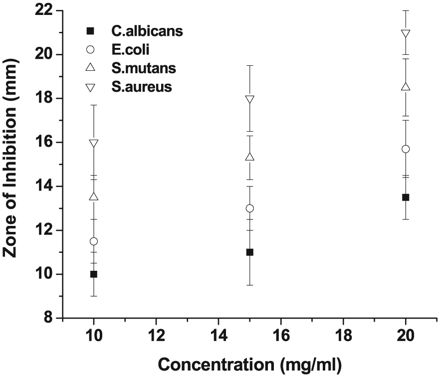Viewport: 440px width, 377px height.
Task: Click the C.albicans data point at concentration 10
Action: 94,274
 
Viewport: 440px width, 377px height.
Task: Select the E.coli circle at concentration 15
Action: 250,208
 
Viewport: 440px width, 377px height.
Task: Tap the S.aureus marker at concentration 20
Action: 406,33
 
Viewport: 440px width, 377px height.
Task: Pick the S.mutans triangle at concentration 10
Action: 94,196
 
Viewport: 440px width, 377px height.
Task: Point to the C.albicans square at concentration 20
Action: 406,197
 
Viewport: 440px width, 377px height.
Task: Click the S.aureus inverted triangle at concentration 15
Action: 250,99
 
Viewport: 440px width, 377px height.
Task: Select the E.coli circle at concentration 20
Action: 406,149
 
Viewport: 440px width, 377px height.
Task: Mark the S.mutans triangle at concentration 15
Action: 250,157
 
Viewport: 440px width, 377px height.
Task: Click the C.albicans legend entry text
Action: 147,31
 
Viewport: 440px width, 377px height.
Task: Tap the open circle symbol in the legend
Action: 90,50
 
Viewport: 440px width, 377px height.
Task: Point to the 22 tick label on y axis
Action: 46,10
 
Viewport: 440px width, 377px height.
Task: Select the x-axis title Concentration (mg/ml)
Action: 250,365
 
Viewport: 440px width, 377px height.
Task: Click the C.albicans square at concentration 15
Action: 250,252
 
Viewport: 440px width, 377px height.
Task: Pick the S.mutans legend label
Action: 144,68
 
